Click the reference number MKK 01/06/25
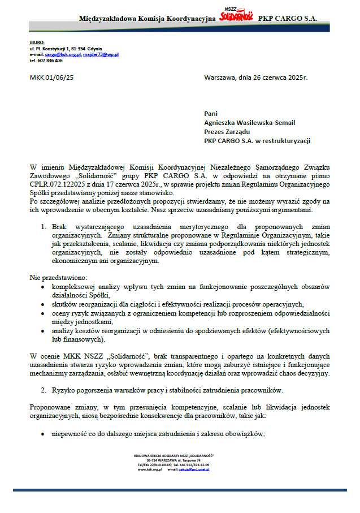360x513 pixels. click(x=51, y=77)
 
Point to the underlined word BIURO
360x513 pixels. click(x=36, y=43)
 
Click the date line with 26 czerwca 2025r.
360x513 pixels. click(x=255, y=77)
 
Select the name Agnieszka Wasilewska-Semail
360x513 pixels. click(x=249, y=122)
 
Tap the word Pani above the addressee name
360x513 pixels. click(x=211, y=113)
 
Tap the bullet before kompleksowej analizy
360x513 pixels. click(x=44, y=287)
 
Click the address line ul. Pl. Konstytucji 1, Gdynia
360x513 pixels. click(x=66, y=49)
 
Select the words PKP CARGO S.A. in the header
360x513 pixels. click(x=288, y=19)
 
